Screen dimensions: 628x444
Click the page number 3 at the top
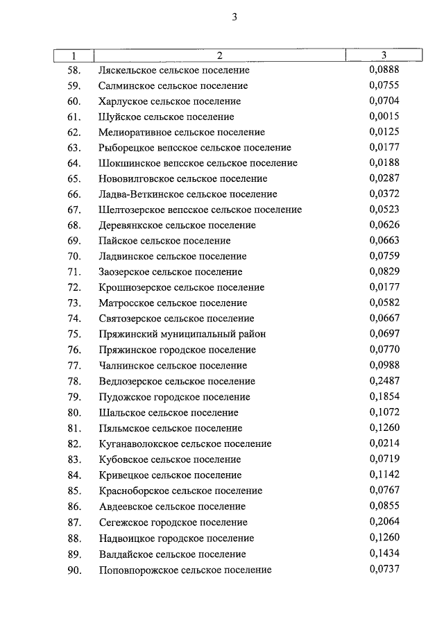(x=234, y=19)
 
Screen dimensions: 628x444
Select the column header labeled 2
(x=219, y=56)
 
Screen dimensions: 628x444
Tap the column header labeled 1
(x=74, y=56)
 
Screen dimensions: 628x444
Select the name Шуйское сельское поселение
(x=166, y=117)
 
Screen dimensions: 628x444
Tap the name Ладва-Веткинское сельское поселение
(x=188, y=194)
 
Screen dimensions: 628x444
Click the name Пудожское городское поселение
(x=174, y=397)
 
